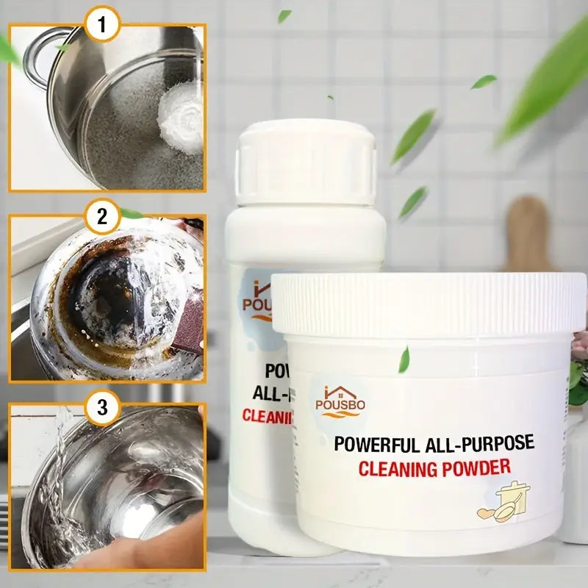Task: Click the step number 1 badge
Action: pos(103,26)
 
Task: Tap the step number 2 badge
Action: pos(103,216)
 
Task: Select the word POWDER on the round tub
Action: pos(475,466)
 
